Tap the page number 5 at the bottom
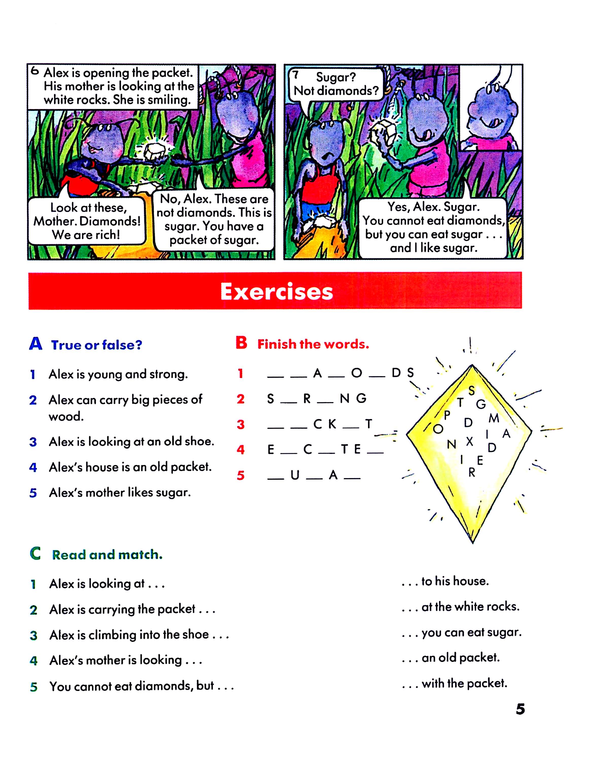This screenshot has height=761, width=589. coord(520,709)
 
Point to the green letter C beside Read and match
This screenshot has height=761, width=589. coord(35,553)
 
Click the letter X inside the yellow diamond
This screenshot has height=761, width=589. coord(470,441)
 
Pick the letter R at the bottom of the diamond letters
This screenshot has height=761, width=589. coord(472,473)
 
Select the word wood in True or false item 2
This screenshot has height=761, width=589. coord(66,416)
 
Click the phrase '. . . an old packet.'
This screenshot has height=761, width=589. coord(451,658)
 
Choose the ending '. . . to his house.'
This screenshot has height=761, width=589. coord(445,581)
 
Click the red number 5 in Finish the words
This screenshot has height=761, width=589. coord(240,475)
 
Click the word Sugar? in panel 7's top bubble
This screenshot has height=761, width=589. coord(336,77)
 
